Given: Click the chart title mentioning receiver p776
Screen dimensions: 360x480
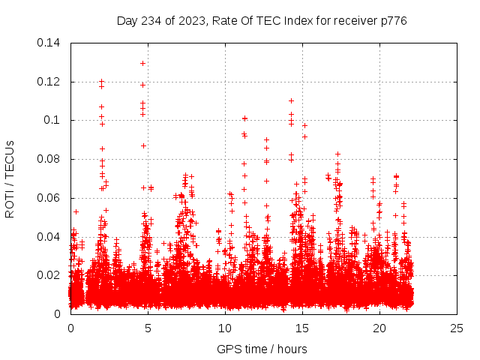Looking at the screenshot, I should [x=262, y=20].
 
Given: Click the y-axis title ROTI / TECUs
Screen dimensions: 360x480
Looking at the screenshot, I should [x=10, y=178].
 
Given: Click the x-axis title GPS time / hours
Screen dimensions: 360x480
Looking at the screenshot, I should [x=262, y=349].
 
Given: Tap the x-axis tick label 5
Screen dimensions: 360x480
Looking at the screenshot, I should [x=148, y=328].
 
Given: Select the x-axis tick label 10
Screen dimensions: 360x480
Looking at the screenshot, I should [x=225, y=328].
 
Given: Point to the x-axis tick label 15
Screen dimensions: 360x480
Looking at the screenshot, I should [x=302, y=328].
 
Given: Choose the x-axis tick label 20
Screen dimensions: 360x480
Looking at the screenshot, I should [x=379, y=328].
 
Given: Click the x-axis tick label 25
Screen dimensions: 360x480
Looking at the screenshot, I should [x=457, y=328].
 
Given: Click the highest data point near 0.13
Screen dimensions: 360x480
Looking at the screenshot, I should [x=142, y=63].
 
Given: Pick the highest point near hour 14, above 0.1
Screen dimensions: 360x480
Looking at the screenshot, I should [x=291, y=100].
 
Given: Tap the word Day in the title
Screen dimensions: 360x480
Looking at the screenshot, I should [x=127, y=20].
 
